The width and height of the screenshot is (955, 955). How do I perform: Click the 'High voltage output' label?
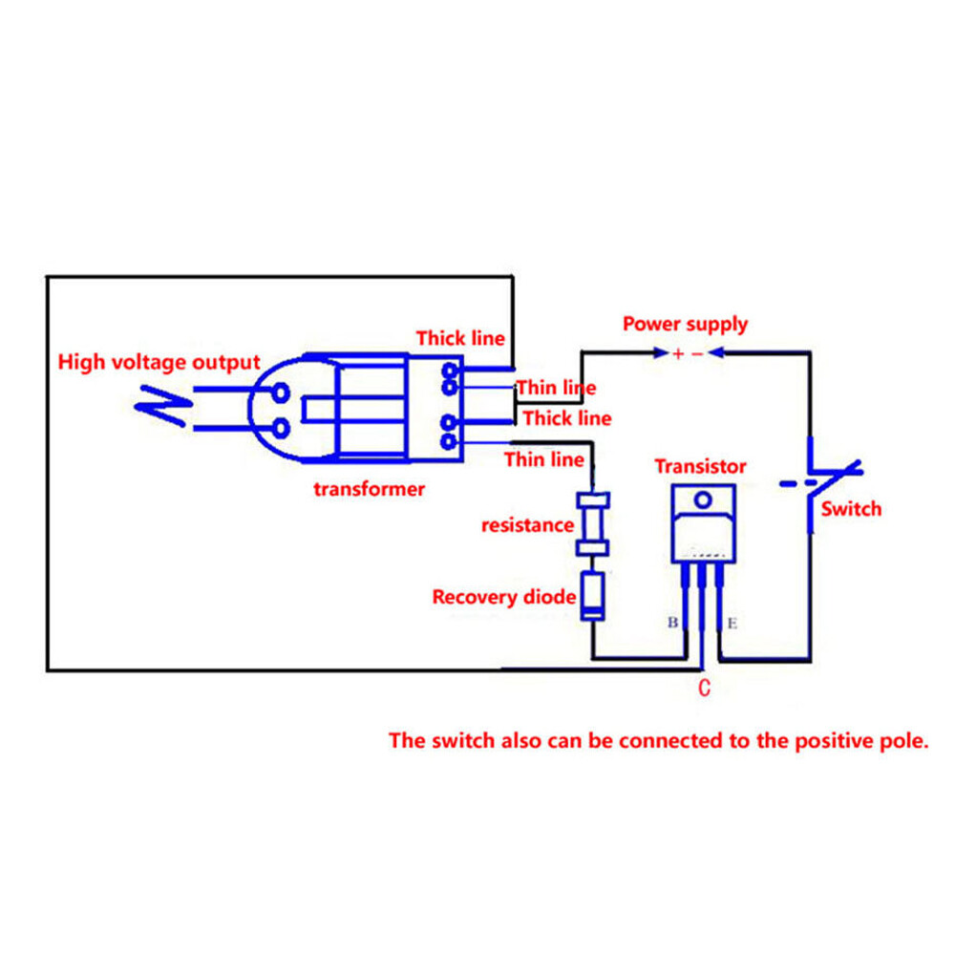click(159, 362)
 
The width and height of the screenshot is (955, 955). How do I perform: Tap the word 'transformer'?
click(369, 488)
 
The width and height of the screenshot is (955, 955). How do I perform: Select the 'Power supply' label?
click(685, 324)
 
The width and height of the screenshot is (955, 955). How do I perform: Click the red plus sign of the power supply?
click(678, 353)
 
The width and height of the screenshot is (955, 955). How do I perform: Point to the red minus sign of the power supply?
click(697, 354)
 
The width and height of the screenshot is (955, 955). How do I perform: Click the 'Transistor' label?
click(700, 467)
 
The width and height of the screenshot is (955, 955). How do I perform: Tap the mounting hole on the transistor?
click(703, 500)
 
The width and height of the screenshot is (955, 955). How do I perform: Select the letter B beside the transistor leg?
click(673, 622)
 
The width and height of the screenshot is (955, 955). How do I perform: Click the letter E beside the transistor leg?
click(732, 623)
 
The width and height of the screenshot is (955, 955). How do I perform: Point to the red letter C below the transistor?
click(704, 688)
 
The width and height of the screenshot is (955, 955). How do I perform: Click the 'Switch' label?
click(851, 509)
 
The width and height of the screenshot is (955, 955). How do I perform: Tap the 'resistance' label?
click(527, 525)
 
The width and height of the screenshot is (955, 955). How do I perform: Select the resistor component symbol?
click(593, 524)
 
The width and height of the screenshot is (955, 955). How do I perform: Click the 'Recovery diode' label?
click(503, 597)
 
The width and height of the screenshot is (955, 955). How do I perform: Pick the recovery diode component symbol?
click(593, 596)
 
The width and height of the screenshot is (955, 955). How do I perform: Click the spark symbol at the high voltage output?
click(163, 406)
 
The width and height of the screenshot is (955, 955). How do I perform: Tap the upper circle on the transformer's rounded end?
click(280, 393)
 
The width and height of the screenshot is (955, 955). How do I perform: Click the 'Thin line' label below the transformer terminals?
click(544, 460)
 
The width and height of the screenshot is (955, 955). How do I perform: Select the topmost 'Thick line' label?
click(460, 339)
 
